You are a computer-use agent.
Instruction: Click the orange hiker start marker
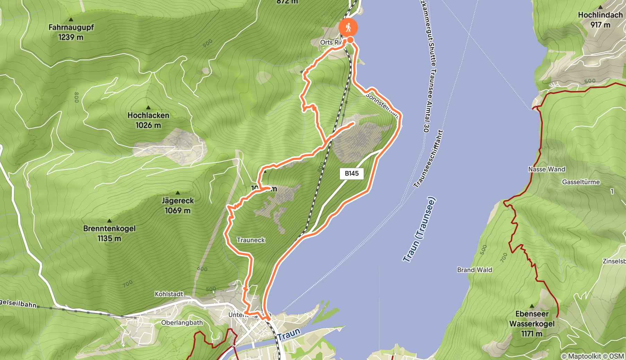point(348,27)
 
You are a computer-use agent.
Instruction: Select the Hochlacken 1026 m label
point(148,120)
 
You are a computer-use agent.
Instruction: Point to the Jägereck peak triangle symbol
point(178,193)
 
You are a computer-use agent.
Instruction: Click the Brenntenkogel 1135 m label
point(109,233)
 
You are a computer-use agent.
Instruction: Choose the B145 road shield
point(351,173)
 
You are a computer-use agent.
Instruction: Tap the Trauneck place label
point(251,240)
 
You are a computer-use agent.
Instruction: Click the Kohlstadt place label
point(169,294)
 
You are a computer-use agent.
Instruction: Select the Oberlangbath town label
point(182,323)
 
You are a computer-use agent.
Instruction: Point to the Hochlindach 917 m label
point(600,19)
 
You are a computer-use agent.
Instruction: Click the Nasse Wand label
point(546,169)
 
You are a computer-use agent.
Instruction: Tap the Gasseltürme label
point(581,182)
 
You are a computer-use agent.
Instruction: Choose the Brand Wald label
point(474,270)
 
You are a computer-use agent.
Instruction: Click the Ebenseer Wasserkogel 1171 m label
point(532,323)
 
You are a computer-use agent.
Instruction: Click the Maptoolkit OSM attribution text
point(592,356)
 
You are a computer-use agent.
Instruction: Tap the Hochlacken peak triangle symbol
point(148,108)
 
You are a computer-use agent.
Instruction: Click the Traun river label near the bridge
point(288,334)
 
